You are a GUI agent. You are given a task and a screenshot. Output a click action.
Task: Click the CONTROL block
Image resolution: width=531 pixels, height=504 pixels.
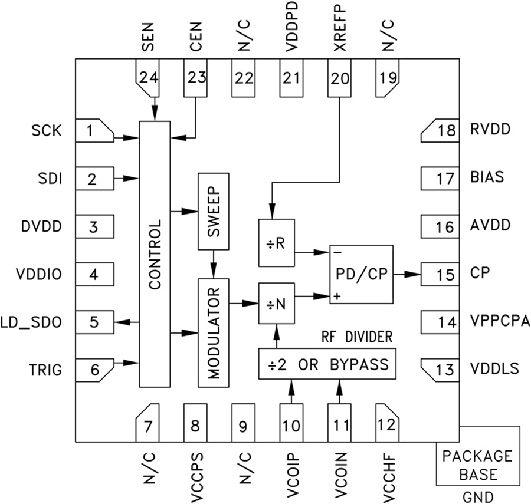[155, 254]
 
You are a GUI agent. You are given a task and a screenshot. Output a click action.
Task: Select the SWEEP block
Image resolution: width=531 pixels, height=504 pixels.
[212, 212]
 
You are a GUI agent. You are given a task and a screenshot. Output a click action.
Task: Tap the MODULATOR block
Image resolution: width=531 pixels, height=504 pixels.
[212, 332]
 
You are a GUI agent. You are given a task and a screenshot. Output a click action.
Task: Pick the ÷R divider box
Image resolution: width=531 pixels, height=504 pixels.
[276, 243]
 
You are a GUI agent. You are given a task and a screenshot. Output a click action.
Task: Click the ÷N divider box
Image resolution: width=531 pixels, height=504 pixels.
[276, 303]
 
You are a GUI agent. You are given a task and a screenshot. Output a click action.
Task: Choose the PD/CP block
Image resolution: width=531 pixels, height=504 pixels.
[361, 275]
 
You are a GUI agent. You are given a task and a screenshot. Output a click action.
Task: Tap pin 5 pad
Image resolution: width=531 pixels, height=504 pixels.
[95, 322]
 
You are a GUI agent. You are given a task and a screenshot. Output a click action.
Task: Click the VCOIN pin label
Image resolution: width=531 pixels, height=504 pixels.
[339, 473]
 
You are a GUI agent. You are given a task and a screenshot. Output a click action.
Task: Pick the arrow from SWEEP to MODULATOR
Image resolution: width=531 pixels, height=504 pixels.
[212, 263]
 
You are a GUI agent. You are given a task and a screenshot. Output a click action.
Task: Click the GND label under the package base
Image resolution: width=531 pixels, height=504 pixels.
[478, 496]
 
